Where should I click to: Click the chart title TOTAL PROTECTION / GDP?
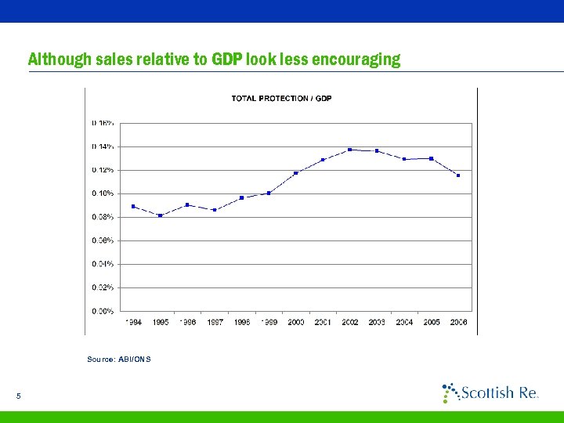(x=281, y=98)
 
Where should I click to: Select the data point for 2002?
(x=349, y=150)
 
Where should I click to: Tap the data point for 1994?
(x=133, y=206)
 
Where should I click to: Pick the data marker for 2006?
(x=458, y=175)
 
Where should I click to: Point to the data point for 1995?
(x=160, y=215)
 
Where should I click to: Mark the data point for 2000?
(x=295, y=173)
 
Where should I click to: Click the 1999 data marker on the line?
(x=269, y=193)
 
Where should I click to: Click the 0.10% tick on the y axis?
(x=103, y=193)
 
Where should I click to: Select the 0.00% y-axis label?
(x=103, y=311)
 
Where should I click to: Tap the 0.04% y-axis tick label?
(x=103, y=264)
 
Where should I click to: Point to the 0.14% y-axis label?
(x=103, y=146)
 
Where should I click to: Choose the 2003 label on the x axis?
(x=377, y=322)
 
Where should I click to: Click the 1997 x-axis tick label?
(x=215, y=322)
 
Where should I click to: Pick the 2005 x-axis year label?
(x=431, y=322)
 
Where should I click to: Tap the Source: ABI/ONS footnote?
(x=119, y=359)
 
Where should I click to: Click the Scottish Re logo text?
(x=498, y=392)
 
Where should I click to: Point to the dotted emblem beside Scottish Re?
(x=450, y=392)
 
